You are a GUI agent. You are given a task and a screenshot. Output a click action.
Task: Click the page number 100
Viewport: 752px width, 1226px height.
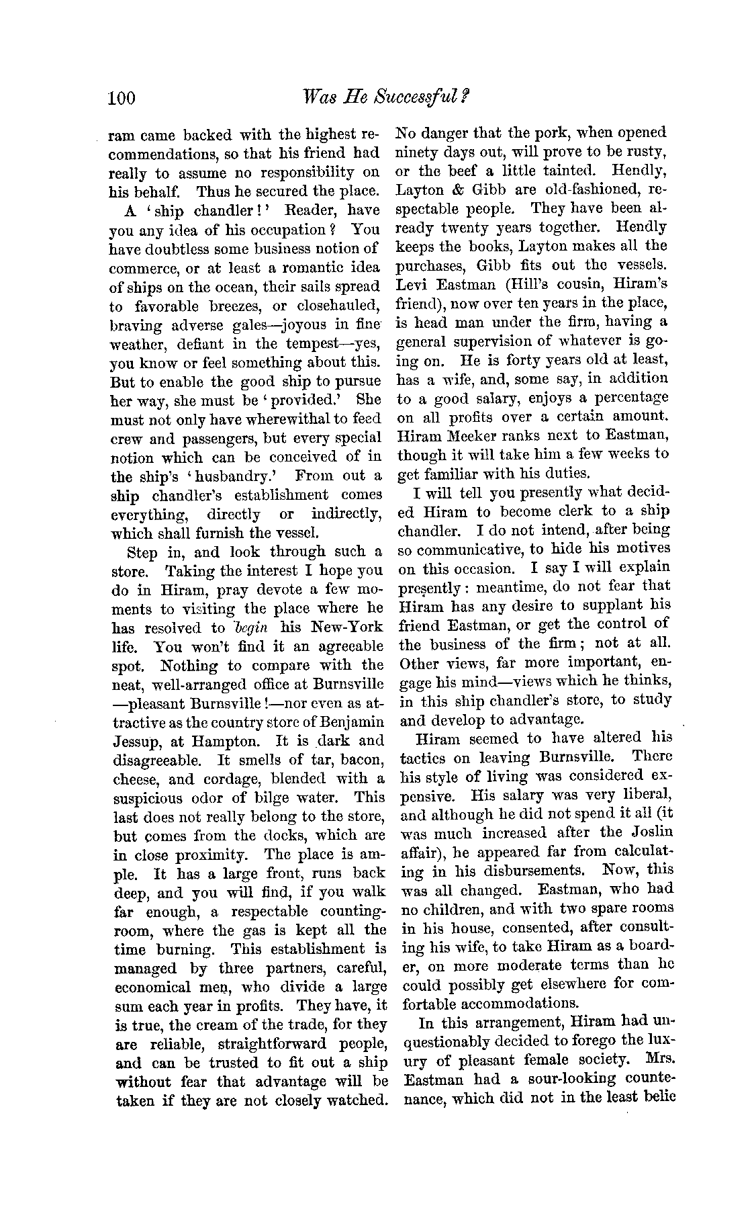[122, 99]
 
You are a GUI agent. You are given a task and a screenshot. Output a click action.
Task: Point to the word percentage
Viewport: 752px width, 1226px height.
[628, 398]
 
